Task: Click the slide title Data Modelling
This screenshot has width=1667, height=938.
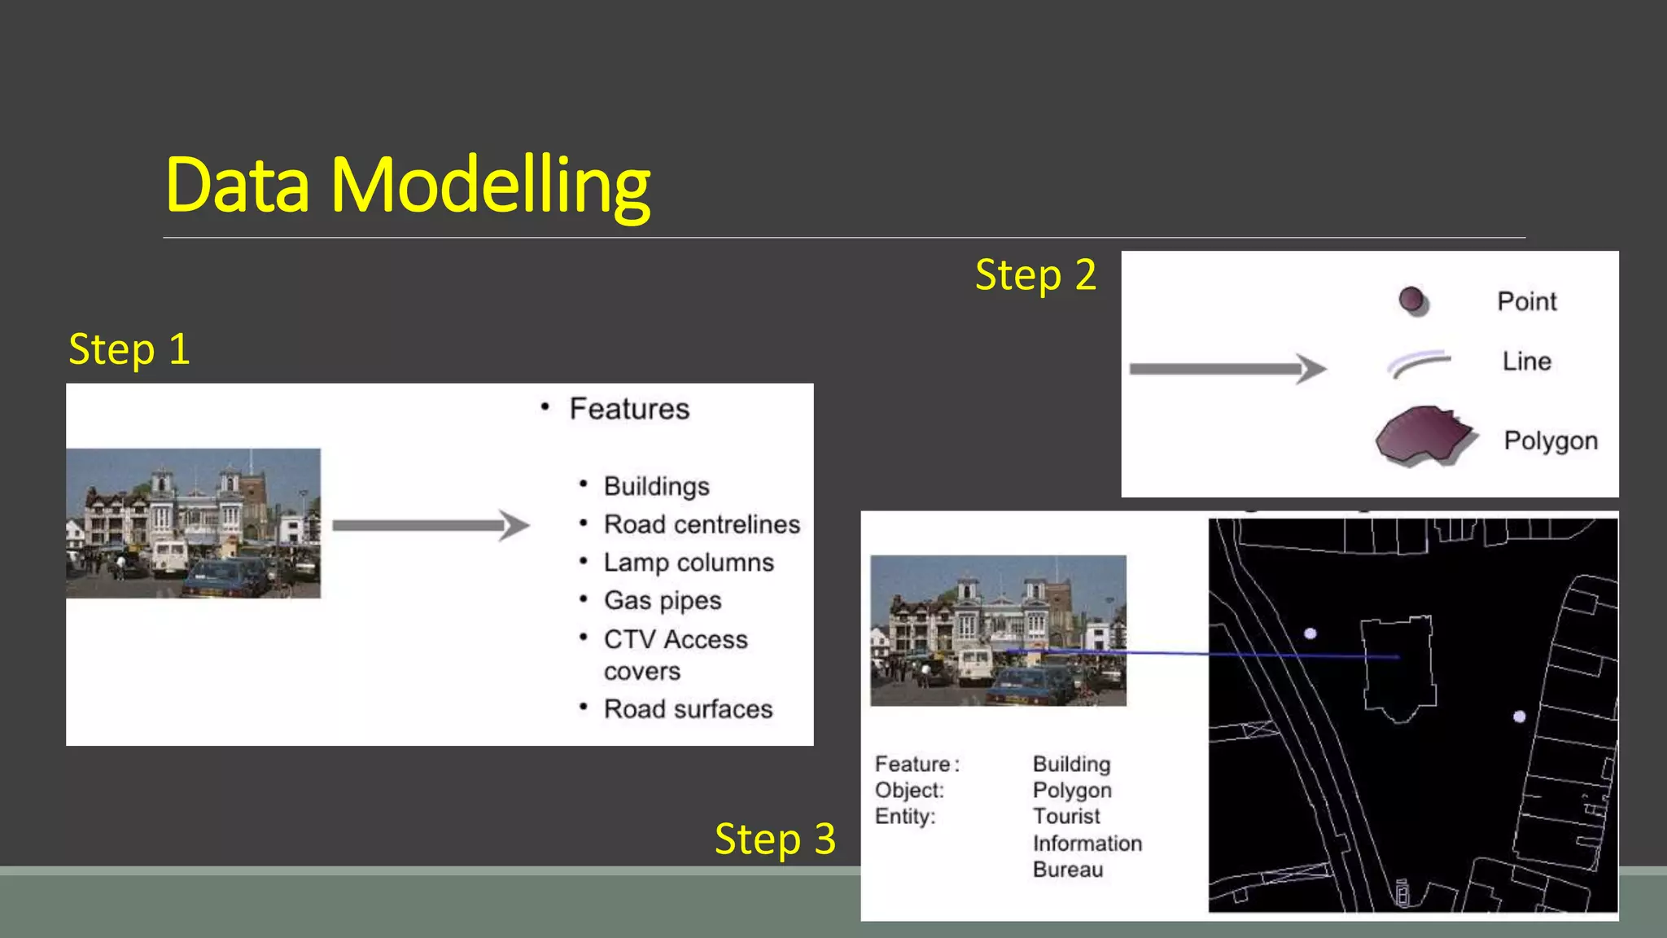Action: coord(407,186)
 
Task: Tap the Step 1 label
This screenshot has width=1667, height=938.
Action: coord(129,350)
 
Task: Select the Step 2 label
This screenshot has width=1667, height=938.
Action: coord(1035,275)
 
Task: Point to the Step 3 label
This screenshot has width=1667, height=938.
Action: coord(775,839)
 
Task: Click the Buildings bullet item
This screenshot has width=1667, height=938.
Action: coord(656,486)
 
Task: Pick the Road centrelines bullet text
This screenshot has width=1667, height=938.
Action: coord(702,524)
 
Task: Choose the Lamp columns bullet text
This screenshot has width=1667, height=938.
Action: coord(689,563)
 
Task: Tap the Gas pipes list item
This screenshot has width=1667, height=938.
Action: coord(663,601)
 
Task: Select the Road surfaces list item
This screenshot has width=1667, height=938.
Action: coord(688,709)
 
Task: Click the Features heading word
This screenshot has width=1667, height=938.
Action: coord(629,409)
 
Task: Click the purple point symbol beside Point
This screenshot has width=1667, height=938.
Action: coord(1412,300)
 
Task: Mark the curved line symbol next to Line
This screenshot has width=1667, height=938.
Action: coord(1419,362)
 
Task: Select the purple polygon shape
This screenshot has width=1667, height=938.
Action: coord(1423,436)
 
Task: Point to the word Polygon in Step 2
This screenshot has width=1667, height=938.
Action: coord(1551,441)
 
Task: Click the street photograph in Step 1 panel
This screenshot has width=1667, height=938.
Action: coord(193,523)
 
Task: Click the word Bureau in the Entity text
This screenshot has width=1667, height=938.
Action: coord(1068,870)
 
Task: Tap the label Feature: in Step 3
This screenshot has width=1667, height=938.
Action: coord(917,765)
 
